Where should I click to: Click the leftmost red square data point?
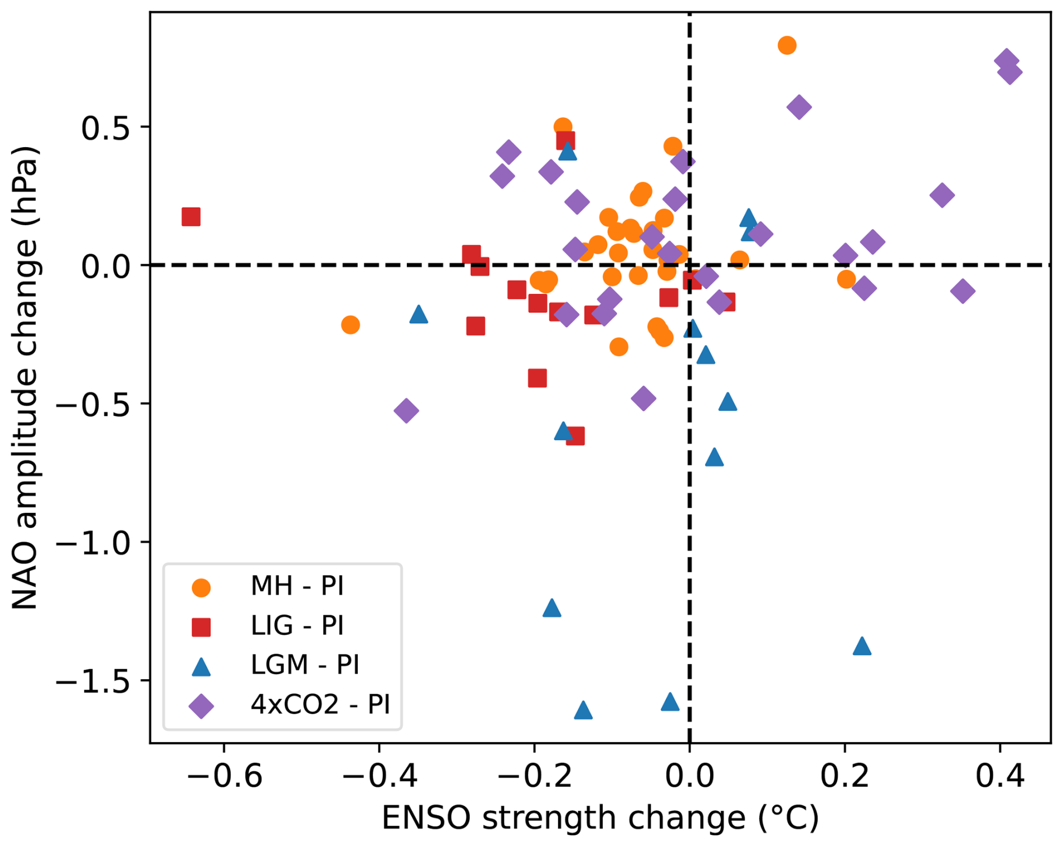pyautogui.click(x=191, y=217)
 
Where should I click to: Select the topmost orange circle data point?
pyautogui.click(x=787, y=46)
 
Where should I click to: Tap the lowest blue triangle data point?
pyautogui.click(x=583, y=711)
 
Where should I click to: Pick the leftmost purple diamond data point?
pyautogui.click(x=406, y=411)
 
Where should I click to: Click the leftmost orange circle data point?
pyautogui.click(x=350, y=325)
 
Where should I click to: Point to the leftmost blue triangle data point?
pyautogui.click(x=419, y=315)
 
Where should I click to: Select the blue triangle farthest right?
pyautogui.click(x=862, y=647)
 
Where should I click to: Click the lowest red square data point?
pyautogui.click(x=575, y=436)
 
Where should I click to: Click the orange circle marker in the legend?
pyautogui.click(x=201, y=588)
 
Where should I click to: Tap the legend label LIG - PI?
pyautogui.click(x=297, y=625)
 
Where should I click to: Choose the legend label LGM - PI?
pyautogui.click(x=305, y=665)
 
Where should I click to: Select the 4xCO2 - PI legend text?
pyautogui.click(x=320, y=704)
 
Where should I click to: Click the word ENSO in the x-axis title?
pyautogui.click(x=426, y=818)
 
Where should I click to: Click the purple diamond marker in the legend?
pyautogui.click(x=201, y=706)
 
